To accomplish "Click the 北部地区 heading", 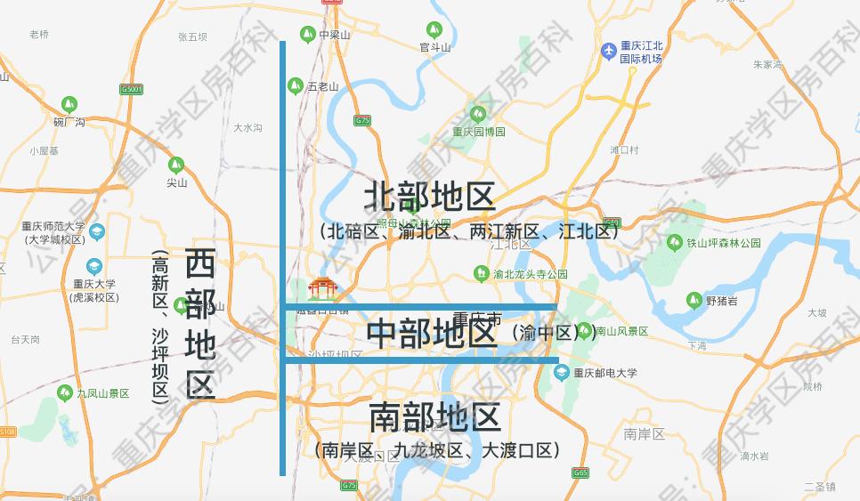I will (429, 198).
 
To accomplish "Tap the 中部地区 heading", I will (432, 334).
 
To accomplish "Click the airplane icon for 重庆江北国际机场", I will (609, 51).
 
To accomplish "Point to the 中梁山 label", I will (335, 35).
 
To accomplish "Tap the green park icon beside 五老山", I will (295, 85).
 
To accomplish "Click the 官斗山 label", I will (436, 47).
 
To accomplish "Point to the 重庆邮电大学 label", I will (605, 373).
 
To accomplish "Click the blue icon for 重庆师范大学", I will (97, 232).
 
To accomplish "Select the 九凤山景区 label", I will (103, 392).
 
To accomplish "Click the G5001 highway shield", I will (132, 89).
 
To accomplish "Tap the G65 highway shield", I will (580, 473).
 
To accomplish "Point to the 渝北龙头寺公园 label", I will (531, 275).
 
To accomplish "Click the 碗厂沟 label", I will (69, 122).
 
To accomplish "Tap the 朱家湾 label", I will (767, 64).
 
